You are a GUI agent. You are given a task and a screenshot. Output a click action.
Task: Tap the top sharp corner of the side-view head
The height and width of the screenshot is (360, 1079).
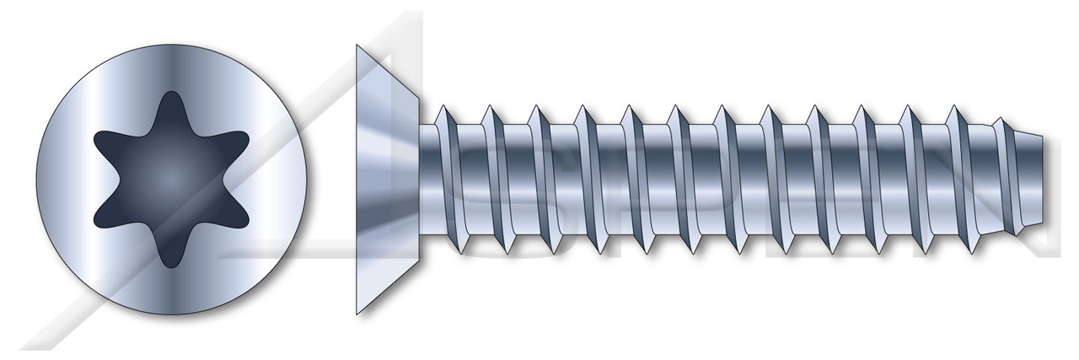tap(357, 47)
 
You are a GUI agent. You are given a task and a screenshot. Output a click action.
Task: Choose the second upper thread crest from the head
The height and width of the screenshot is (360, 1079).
tap(486, 108)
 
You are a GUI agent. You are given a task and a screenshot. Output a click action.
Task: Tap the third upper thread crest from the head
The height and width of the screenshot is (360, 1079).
tap(534, 108)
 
